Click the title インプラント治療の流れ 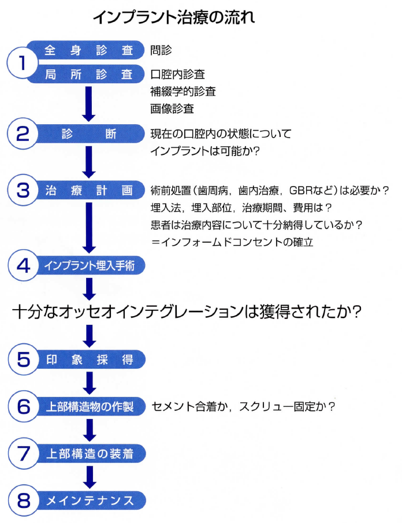pos(174,17)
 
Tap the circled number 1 pos(22,63)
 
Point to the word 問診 pos(161,50)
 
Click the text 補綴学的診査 pos(183,91)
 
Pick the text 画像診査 pos(172,109)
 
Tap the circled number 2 pos(23,133)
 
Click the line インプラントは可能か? pos(204,151)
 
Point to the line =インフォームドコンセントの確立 pos(232,242)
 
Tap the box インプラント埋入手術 pos(90,265)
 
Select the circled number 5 pos(23,359)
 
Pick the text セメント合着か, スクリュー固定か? pos(243,407)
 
